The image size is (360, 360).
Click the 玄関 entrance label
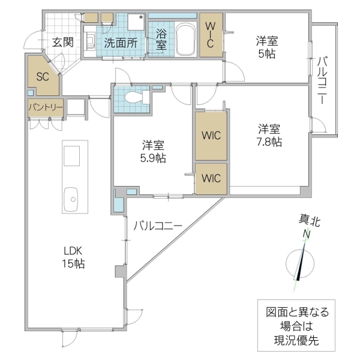(x=62, y=42)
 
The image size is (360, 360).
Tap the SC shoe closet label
(x=42, y=76)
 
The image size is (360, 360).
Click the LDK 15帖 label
(x=74, y=257)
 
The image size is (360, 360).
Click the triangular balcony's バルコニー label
(x=157, y=226)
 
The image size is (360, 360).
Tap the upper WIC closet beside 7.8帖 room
(x=211, y=135)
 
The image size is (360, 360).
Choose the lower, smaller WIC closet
(x=211, y=178)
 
